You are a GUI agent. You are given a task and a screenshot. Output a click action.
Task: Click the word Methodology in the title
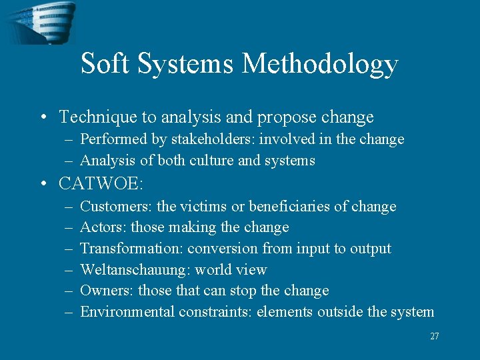pos(320,64)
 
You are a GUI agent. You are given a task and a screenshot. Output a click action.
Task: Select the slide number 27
pos(435,337)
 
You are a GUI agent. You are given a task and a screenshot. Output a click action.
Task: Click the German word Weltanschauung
pos(135,270)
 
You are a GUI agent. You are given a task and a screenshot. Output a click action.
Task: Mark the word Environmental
pos(127,312)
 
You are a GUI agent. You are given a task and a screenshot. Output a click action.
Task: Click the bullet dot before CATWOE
pos(43,183)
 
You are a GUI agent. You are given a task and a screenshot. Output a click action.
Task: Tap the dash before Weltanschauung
pos(69,270)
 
